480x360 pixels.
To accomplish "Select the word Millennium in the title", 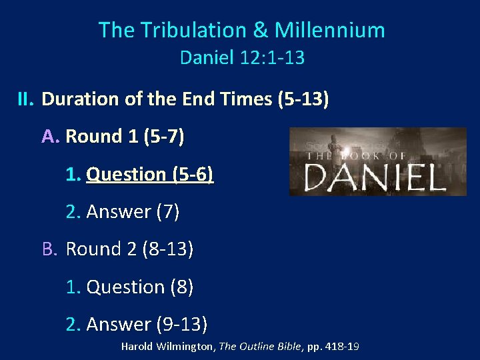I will pos(329,30).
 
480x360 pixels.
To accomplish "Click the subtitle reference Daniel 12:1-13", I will pos(242,58).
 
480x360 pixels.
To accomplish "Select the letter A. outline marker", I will pos(51,137).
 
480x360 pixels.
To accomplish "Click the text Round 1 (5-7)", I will pos(125,137).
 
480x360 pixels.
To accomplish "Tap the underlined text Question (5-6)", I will pos(150,174).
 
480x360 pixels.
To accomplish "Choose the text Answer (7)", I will pos(133,212).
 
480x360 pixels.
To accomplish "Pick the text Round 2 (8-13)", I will pos(130,249).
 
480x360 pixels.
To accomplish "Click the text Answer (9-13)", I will pos(147,325).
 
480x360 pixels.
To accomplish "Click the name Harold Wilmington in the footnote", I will pos(165,347).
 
